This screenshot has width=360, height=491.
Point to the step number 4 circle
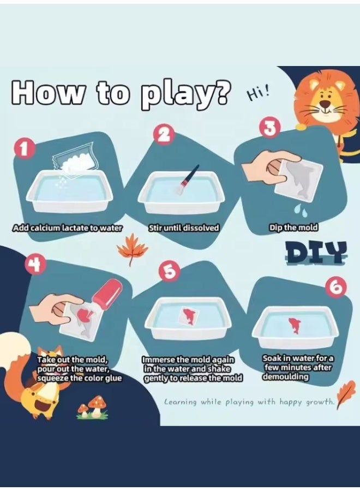pos(33,265)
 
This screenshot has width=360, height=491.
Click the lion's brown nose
pos(326,104)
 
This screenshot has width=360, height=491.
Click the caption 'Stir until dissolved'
pos(183,228)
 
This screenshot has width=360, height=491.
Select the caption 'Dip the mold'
pos(293,227)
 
